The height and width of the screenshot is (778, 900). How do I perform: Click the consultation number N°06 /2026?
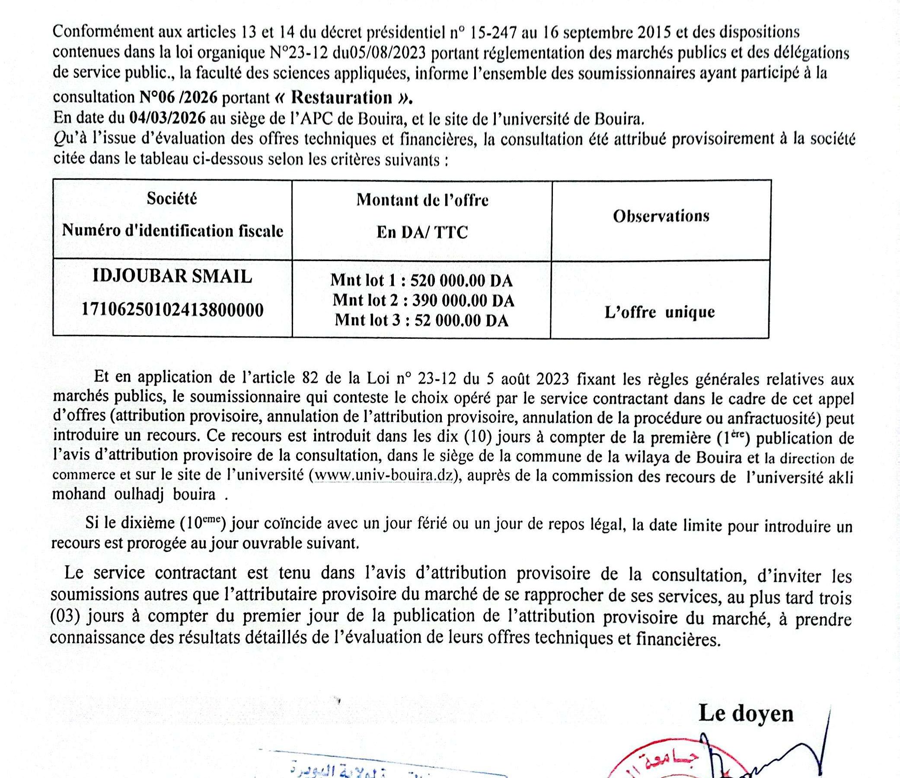[178, 97]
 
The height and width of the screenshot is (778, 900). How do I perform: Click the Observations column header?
[661, 216]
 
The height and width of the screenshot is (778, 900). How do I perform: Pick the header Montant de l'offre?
[422, 200]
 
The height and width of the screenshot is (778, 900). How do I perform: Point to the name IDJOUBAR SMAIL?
[172, 276]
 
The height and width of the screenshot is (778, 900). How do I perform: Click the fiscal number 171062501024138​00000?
[172, 310]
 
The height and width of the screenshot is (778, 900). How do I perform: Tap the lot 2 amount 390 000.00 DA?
[463, 300]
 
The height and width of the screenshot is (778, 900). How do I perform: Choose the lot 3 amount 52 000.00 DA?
[461, 320]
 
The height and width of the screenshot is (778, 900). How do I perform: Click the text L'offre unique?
[659, 312]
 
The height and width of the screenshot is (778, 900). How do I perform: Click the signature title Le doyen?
[746, 713]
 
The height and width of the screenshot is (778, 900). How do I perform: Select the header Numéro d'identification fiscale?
[172, 230]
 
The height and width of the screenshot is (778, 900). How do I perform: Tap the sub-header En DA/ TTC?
[422, 233]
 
